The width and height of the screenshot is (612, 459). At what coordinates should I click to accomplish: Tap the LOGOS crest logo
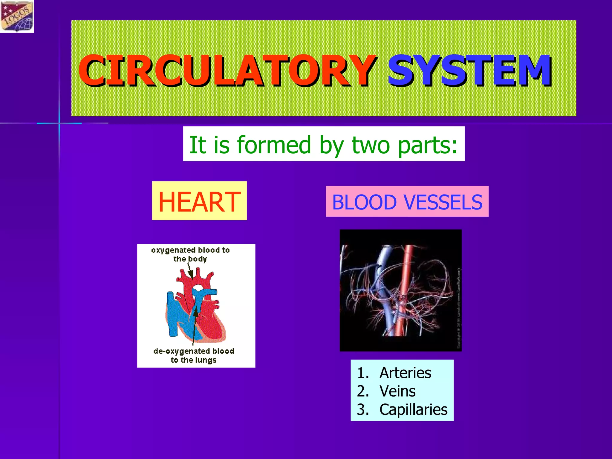[x=17, y=16]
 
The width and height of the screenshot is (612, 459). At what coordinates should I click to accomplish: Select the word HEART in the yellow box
[x=199, y=202]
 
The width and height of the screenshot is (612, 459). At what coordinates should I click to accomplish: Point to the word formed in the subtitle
[x=274, y=145]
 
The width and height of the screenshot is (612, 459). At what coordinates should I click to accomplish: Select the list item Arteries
[x=405, y=373]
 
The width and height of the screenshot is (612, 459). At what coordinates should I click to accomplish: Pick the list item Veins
[x=397, y=391]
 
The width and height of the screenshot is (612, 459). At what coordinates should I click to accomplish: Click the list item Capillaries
[x=413, y=410]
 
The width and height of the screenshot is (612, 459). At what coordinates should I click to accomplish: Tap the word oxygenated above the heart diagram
[x=173, y=250]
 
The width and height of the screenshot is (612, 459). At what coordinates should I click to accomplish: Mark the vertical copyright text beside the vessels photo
[x=459, y=308]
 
